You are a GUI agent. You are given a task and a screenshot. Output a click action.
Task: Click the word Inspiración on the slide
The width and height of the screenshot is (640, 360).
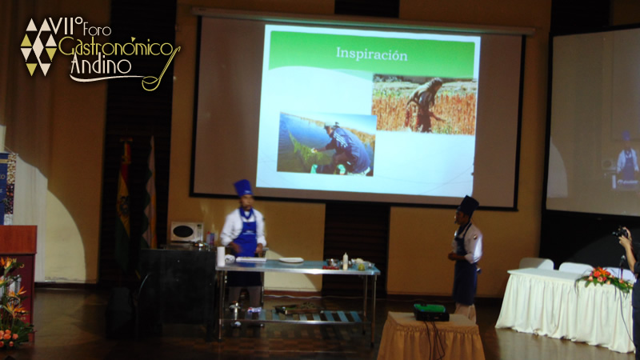pyautogui.click(x=371, y=54)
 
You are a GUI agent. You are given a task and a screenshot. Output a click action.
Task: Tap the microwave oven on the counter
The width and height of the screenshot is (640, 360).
pyautogui.click(x=186, y=232)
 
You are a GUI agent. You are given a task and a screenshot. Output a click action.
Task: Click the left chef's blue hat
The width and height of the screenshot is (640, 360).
pyautogui.click(x=243, y=188)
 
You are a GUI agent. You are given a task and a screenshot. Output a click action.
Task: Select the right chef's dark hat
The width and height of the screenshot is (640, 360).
pyautogui.click(x=468, y=206)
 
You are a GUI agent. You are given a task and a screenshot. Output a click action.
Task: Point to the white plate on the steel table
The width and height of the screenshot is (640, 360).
pyautogui.click(x=291, y=260)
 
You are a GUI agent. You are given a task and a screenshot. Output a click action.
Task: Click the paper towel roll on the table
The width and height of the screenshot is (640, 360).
pyautogui.click(x=221, y=256)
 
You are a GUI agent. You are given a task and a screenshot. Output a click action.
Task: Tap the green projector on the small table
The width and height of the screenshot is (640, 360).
pyautogui.click(x=430, y=312)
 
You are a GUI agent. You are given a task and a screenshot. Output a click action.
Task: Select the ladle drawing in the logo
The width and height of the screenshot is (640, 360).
pyautogui.click(x=161, y=70)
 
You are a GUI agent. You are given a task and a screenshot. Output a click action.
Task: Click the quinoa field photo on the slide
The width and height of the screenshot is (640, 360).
pyautogui.click(x=424, y=104)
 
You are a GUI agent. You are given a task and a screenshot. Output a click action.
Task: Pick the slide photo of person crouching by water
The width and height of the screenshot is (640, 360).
pyautogui.click(x=326, y=144)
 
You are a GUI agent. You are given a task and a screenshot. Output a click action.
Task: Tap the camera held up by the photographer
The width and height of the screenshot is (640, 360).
pyautogui.click(x=621, y=232)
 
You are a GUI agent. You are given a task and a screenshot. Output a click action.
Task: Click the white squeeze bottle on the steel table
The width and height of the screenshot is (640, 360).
pyautogui.click(x=346, y=262)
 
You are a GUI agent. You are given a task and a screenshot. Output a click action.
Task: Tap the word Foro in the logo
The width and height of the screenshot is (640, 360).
pyautogui.click(x=97, y=29)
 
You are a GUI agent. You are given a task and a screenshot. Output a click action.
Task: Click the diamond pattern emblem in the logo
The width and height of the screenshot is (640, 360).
pyautogui.click(x=38, y=46)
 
